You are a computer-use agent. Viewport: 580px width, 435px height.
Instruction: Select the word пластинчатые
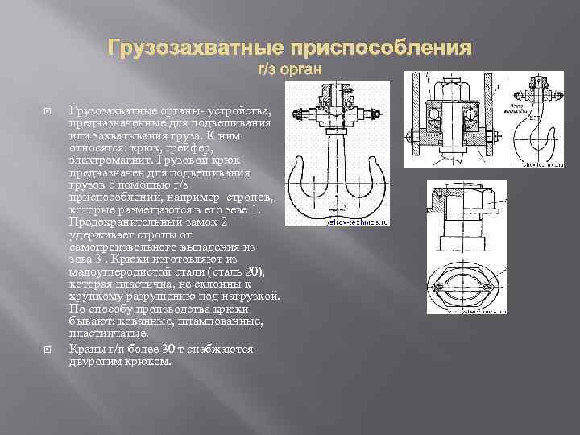click(109, 333)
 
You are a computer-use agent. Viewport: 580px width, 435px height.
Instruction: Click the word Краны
click(87, 350)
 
